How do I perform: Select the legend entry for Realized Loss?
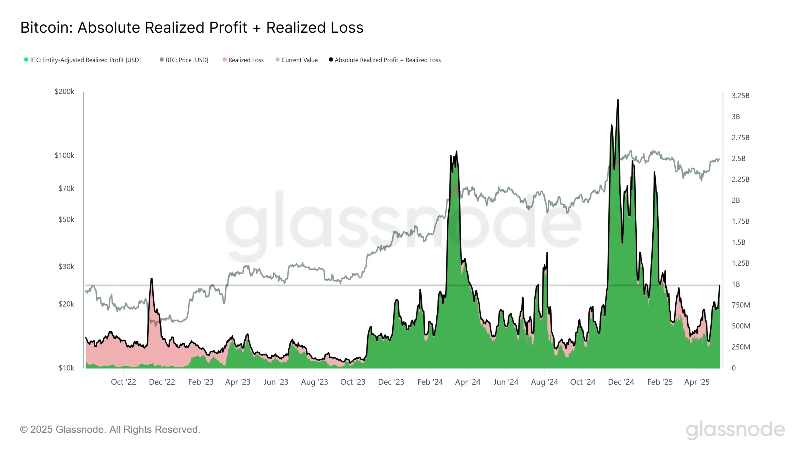click(x=246, y=60)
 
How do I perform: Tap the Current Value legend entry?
click(x=299, y=60)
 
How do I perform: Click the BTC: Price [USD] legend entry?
click(x=187, y=60)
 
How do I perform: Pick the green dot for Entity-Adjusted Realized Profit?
click(x=26, y=60)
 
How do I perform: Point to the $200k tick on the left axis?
click(x=65, y=92)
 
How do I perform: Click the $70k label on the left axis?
click(x=66, y=188)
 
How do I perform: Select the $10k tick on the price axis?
click(x=66, y=368)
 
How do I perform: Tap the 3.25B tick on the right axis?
click(x=740, y=96)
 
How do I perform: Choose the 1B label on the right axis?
click(x=736, y=284)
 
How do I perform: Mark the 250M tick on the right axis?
click(x=741, y=347)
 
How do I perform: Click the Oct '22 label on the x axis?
click(x=123, y=382)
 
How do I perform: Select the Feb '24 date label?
click(x=430, y=382)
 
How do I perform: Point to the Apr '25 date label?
click(x=697, y=382)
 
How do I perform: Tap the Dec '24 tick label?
click(x=621, y=382)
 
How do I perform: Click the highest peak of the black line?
click(x=618, y=100)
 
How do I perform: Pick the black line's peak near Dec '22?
click(x=151, y=279)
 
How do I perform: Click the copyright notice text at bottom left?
click(x=110, y=429)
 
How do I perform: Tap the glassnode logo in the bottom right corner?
click(x=735, y=430)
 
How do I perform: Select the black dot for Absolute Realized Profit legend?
click(x=331, y=60)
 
